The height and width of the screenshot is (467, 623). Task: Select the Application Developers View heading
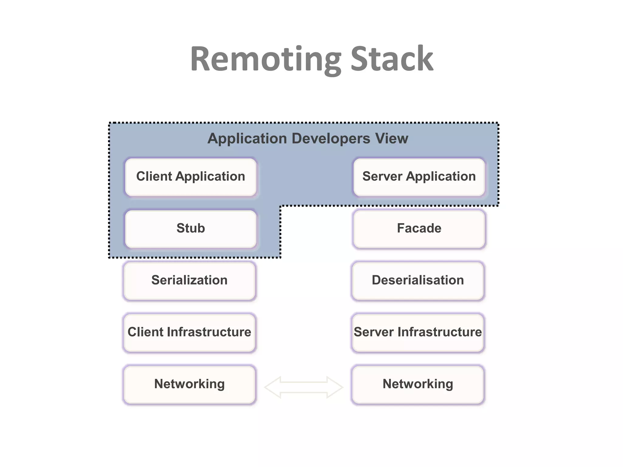[308, 138]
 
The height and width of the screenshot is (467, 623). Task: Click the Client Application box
[191, 177]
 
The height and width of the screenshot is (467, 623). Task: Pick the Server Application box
[419, 177]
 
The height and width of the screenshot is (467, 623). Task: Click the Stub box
[191, 228]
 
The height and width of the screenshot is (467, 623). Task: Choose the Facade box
[419, 228]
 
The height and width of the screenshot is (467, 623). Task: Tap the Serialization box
[189, 280]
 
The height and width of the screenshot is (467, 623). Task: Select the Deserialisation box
[418, 280]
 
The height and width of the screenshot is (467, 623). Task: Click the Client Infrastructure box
[189, 332]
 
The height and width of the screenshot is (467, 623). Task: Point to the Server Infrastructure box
[418, 332]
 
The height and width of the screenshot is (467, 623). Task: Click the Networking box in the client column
[189, 384]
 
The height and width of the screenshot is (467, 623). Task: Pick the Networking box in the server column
[418, 384]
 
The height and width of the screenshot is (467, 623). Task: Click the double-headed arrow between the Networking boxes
[304, 387]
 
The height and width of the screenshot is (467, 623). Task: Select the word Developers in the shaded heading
[331, 138]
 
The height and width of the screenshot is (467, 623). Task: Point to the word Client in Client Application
[154, 177]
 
